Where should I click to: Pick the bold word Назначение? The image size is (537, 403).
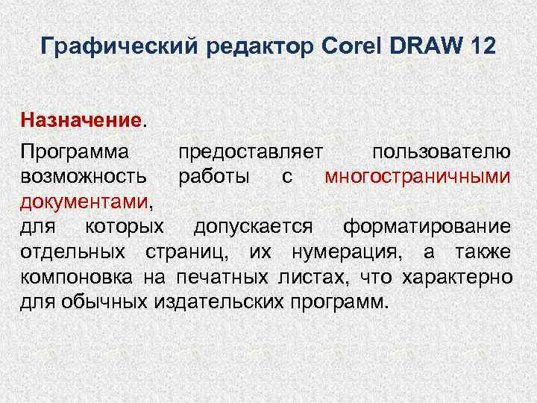(81, 119)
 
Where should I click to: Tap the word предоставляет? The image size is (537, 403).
(251, 152)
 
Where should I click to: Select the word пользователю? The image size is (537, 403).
(442, 152)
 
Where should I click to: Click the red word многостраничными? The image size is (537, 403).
(418, 178)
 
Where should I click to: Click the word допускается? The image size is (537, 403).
(254, 227)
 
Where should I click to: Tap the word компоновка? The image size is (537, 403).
(72, 278)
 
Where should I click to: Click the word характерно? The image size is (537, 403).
(456, 278)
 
